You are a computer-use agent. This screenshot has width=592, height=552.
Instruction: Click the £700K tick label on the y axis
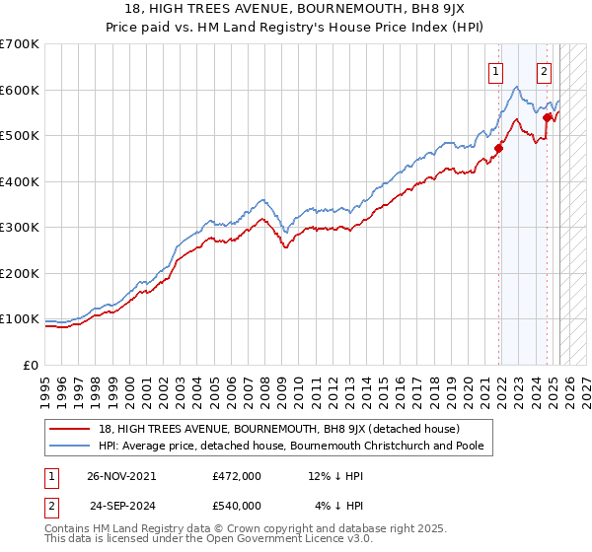pos(20,44)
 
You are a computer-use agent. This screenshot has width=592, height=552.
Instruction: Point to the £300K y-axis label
pos(20,228)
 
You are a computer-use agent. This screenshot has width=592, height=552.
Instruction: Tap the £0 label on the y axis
pos(31,366)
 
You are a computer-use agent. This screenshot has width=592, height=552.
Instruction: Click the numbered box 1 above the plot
pos(494,71)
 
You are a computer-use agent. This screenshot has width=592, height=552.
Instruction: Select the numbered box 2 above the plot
pos(544,71)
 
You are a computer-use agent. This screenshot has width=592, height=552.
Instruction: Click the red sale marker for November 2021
pos(499,149)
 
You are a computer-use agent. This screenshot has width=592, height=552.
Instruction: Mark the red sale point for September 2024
pos(547,117)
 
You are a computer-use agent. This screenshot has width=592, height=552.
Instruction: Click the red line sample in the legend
pos(70,429)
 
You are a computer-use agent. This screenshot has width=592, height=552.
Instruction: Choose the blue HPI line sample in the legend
pos(70,447)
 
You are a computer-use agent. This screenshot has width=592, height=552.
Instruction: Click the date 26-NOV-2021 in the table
pos(123,476)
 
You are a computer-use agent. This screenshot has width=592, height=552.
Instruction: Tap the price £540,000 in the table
pos(237,506)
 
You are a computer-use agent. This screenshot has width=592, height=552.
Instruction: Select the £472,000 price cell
pos(237,476)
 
